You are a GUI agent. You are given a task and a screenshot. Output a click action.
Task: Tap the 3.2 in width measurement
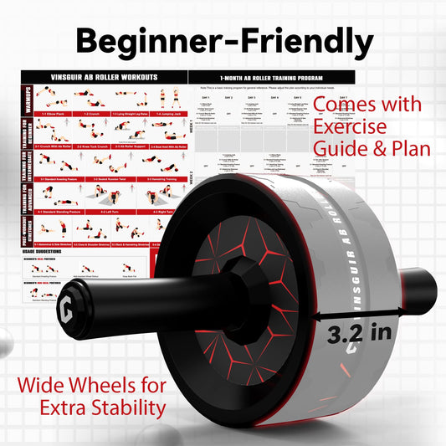pyautogui.click(x=357, y=331)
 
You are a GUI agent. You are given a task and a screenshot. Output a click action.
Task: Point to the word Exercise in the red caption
pyautogui.click(x=350, y=127)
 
